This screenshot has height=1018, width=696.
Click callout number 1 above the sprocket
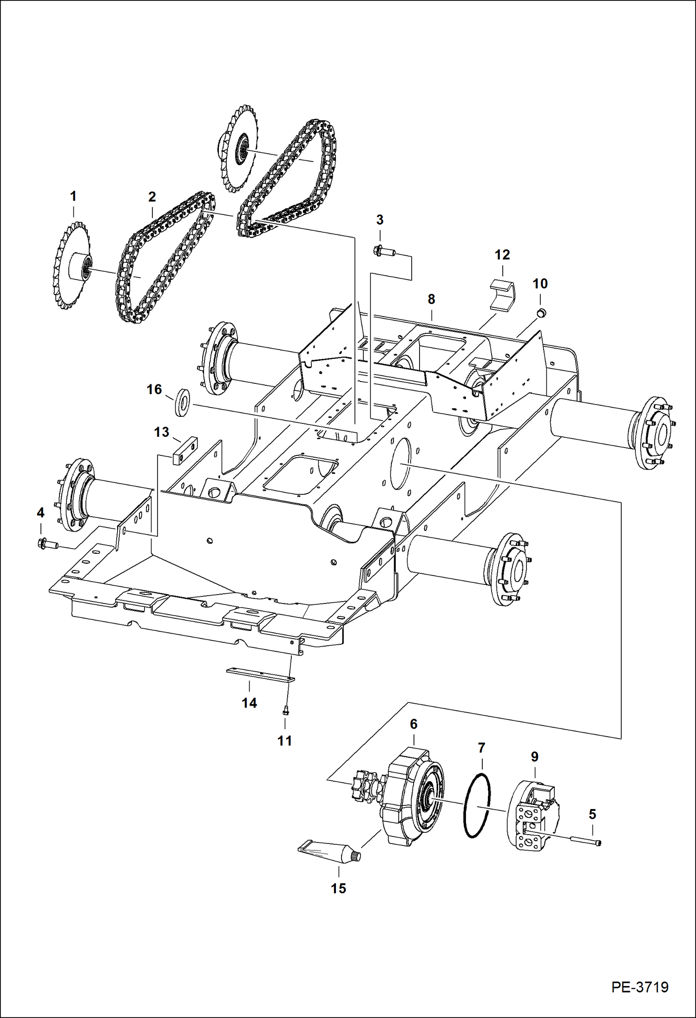pos(73,196)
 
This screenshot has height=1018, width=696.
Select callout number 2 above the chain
pos(152,197)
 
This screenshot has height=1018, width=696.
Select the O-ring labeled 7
pos(477,806)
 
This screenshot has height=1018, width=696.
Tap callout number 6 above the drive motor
pos(414,724)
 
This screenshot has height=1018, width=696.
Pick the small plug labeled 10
pos(541,312)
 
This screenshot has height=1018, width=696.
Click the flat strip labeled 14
pos(260,675)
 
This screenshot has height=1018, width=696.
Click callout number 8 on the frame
pos(431,299)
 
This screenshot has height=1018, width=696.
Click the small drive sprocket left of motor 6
pos(365,786)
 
